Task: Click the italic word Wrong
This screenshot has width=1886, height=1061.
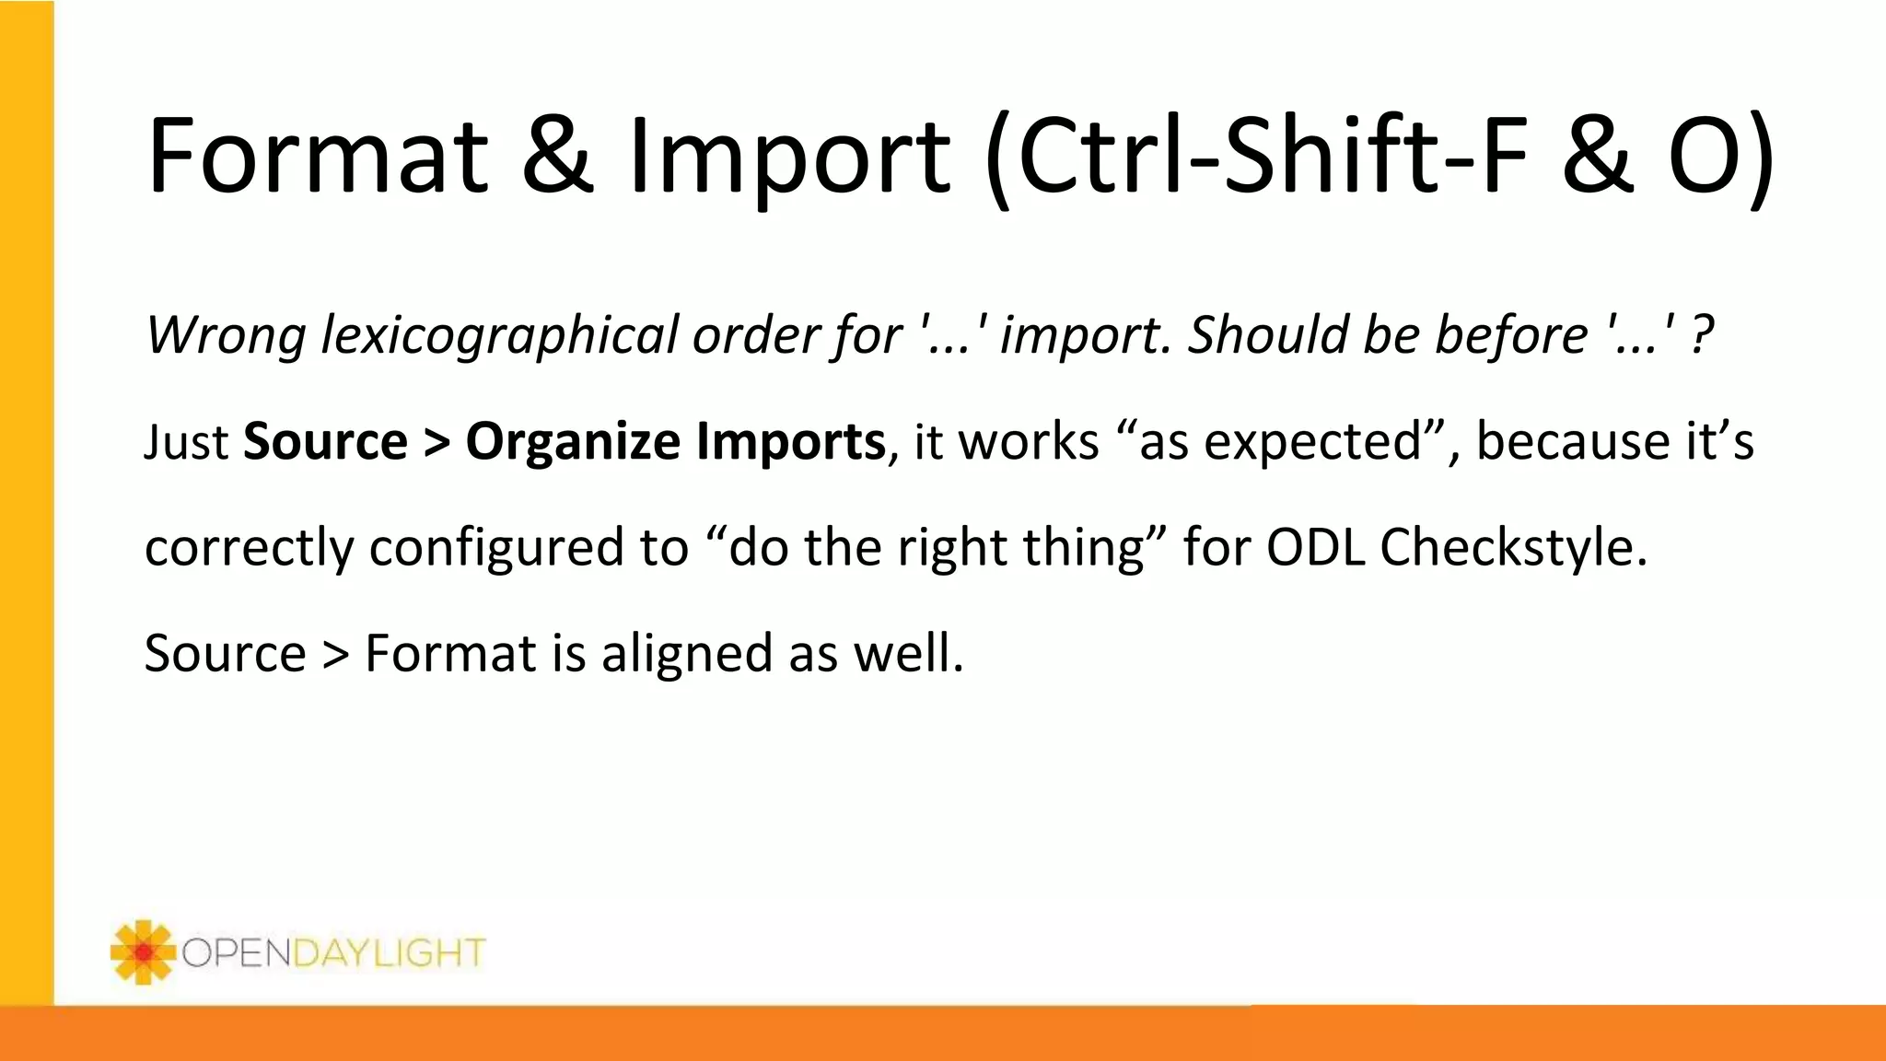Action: coord(226,334)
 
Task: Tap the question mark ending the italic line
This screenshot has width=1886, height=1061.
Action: coord(1703,334)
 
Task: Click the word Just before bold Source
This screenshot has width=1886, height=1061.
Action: coord(186,442)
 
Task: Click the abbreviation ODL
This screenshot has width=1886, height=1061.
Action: coord(1315,548)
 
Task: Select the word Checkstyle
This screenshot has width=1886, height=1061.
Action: coord(1512,548)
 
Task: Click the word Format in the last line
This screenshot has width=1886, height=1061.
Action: coord(450,654)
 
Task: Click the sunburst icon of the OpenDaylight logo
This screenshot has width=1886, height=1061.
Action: coord(142,951)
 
